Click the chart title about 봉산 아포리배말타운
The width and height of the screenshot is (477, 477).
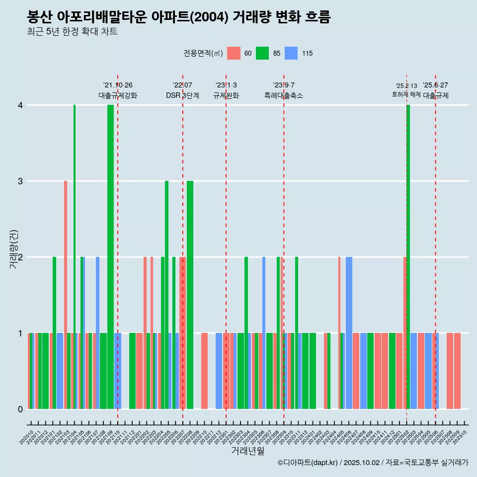(179, 17)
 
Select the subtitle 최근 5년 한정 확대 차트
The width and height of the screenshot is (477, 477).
(73, 32)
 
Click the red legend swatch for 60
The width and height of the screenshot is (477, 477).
(234, 53)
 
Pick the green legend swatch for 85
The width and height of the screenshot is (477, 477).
(262, 53)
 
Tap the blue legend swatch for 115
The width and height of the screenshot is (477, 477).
(291, 53)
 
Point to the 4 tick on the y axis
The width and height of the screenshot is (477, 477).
(20, 105)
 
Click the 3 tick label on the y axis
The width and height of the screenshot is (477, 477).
(20, 181)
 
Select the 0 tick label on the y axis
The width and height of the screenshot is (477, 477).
(20, 409)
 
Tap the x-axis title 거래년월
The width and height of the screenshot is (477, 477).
(247, 451)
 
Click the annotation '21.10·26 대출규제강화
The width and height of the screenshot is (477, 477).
(118, 90)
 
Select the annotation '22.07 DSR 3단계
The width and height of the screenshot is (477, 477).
(182, 90)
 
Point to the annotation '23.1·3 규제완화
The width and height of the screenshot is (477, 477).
(226, 90)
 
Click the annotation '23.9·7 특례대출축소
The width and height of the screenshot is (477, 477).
(284, 90)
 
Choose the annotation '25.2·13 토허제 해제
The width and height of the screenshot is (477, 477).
(406, 90)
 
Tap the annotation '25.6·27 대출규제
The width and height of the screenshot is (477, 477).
(436, 90)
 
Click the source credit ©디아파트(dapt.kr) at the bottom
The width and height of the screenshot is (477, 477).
(373, 463)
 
